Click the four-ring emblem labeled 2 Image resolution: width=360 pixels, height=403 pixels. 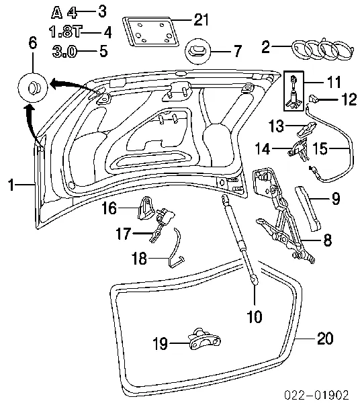coord(323,49)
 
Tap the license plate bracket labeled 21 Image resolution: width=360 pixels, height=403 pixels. coord(151,32)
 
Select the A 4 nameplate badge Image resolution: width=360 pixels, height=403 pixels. coord(64,13)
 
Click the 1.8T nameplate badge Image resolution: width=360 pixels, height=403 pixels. coord(65,32)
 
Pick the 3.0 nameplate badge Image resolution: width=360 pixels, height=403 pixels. coord(64,52)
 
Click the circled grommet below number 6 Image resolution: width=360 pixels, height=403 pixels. coord(33,87)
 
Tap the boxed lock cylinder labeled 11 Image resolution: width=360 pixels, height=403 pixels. coord(294,91)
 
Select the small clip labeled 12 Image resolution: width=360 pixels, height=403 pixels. coord(313,99)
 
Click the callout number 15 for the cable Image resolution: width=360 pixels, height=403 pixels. coord(320,148)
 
